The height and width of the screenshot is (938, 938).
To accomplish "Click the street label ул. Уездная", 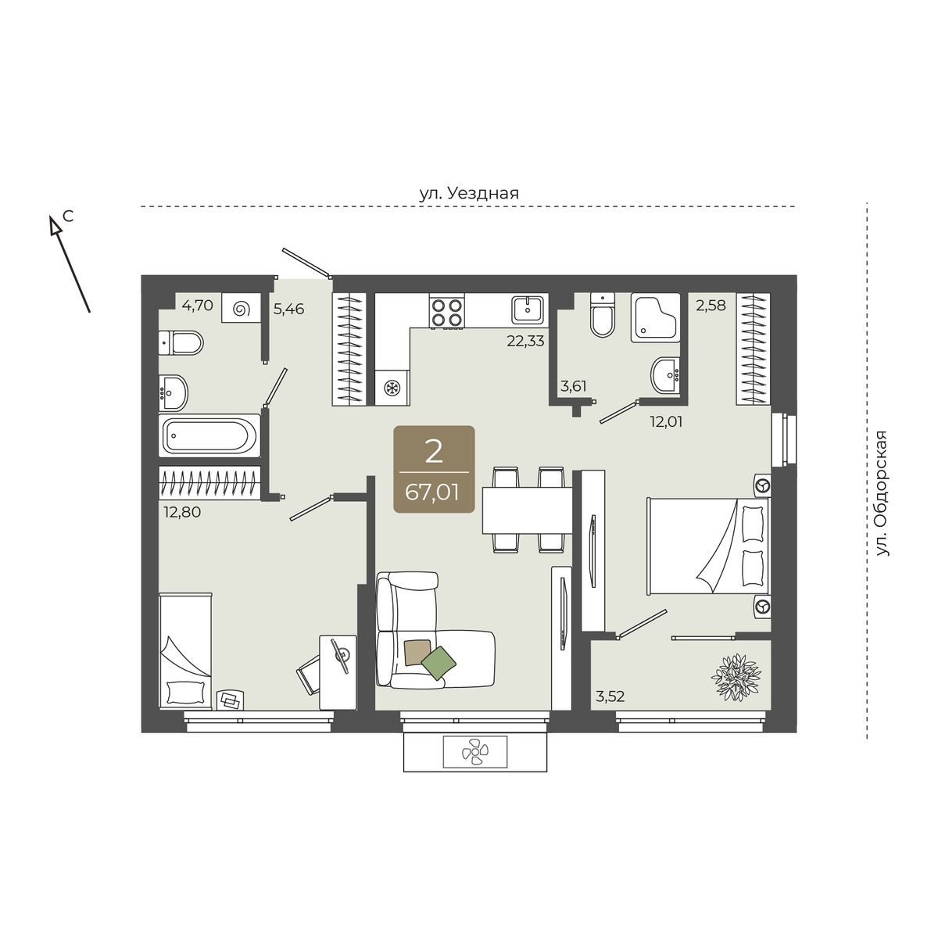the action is coord(469,193).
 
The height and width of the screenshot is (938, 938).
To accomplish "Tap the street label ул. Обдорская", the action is coord(882,493).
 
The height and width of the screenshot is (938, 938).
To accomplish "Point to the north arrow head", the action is coord(55,224).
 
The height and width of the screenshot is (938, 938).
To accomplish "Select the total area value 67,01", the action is coord(432,492).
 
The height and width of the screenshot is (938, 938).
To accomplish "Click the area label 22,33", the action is coord(525,342).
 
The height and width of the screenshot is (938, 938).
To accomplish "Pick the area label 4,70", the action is coord(197,305).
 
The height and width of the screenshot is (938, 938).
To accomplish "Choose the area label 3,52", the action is coord(610,696).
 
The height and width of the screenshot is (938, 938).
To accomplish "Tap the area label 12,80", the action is coord(182,511).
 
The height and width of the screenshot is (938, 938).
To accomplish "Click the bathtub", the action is coord(209,435).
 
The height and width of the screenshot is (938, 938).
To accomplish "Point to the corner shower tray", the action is coord(655,317).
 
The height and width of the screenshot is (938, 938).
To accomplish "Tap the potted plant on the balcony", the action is coord(736,678).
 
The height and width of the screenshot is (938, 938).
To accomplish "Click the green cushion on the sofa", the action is coord(439,663).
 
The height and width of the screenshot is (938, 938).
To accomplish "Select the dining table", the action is coord(527,510).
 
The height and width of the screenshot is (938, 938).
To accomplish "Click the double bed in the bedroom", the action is coord(707,546).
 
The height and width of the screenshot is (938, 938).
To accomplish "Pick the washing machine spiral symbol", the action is coord(242,309).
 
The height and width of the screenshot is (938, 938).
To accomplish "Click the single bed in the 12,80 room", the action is coord(185,651).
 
